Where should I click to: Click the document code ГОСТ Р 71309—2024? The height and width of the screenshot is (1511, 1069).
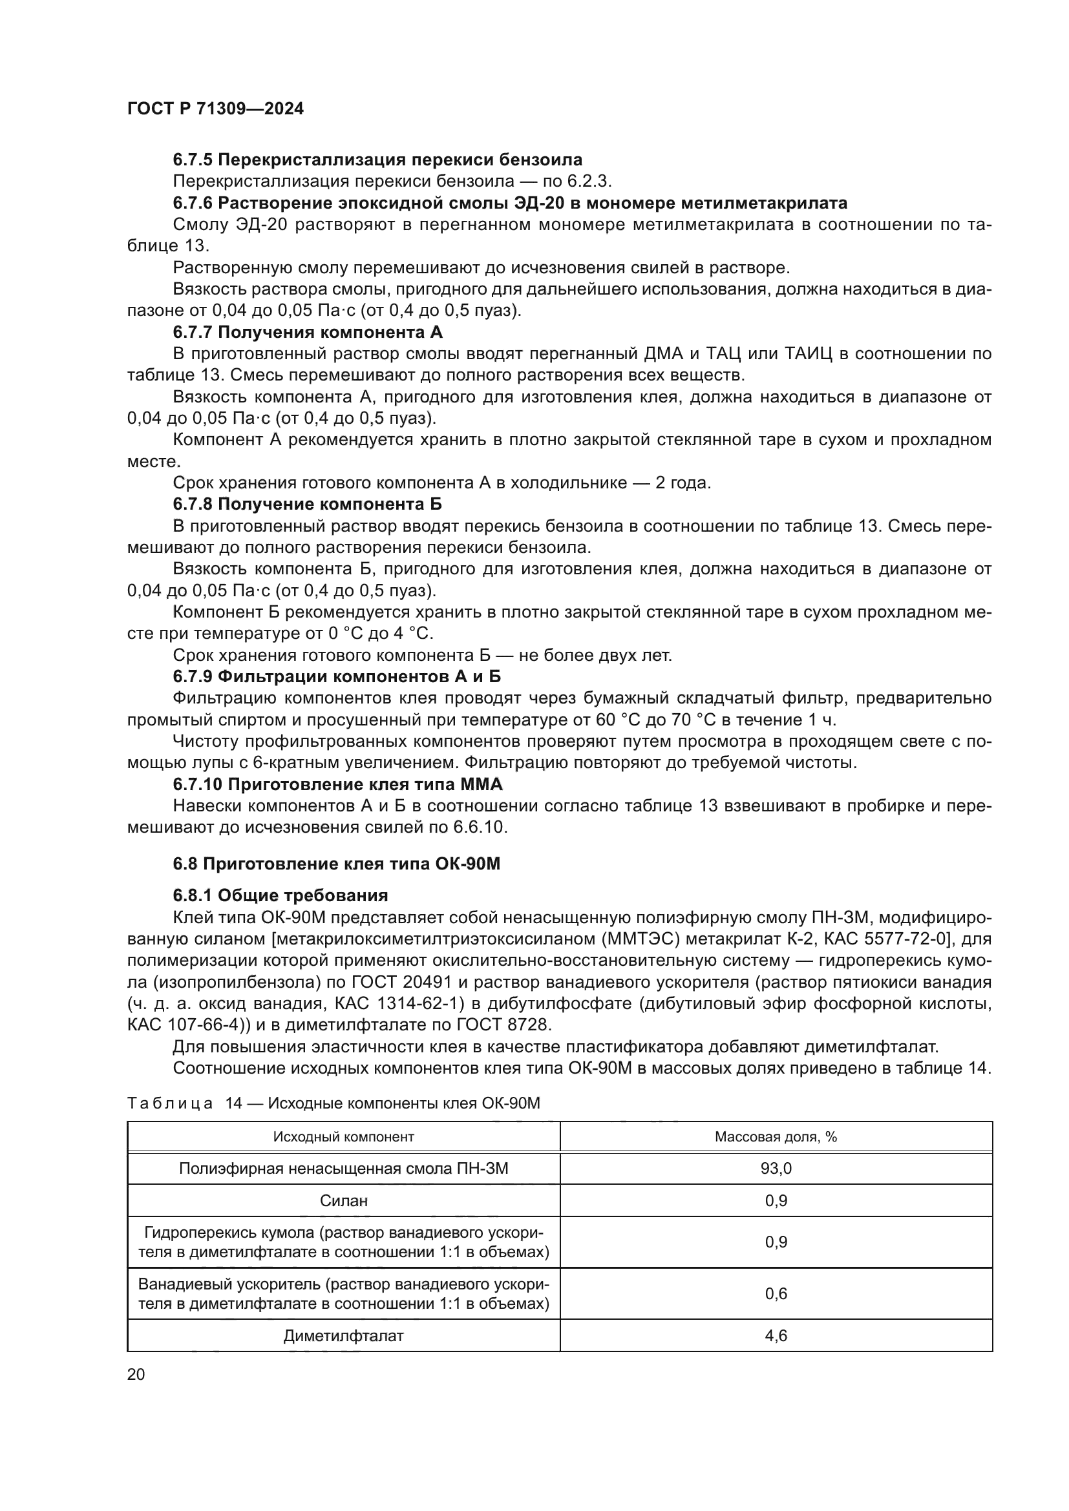[x=215, y=109]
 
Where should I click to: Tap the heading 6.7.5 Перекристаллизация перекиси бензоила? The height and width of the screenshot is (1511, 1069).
[x=377, y=160]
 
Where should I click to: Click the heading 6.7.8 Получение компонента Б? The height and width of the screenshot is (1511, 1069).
[x=308, y=504]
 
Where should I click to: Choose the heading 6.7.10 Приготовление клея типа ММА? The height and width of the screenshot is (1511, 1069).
[x=337, y=784]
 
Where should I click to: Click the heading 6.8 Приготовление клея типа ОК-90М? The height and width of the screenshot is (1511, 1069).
[x=336, y=864]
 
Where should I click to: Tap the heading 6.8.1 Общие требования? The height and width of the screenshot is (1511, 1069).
[x=280, y=895]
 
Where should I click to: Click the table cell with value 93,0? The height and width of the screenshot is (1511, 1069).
[x=776, y=1168]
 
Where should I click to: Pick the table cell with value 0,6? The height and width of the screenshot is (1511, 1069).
[x=776, y=1294]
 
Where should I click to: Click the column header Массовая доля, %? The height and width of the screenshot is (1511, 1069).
[x=776, y=1136]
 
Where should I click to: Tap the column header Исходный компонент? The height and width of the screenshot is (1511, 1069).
[x=344, y=1136]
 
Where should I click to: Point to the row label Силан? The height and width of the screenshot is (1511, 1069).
[x=344, y=1200]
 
